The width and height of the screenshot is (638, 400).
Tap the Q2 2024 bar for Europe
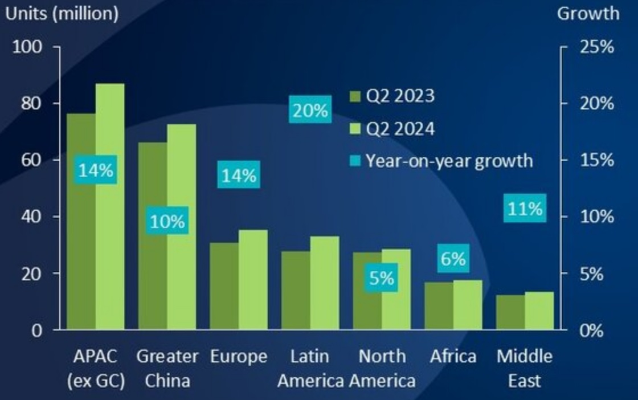click(253, 280)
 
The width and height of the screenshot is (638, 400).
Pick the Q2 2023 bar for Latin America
click(295, 290)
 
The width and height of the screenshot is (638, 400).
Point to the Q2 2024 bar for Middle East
click(539, 311)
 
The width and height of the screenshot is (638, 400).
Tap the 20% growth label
click(310, 111)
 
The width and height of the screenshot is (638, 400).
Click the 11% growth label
click(525, 209)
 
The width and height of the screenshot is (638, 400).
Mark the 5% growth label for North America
click(381, 279)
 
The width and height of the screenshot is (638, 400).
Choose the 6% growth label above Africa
click(453, 259)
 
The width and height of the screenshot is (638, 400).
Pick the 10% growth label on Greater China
click(167, 221)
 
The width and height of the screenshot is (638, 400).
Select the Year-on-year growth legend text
click(449, 161)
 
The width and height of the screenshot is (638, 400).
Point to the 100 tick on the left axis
click(32, 47)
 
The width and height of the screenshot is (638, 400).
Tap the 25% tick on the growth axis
click(596, 47)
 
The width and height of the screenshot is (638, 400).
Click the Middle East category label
click(524, 368)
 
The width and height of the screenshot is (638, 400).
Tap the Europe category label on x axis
click(239, 357)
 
